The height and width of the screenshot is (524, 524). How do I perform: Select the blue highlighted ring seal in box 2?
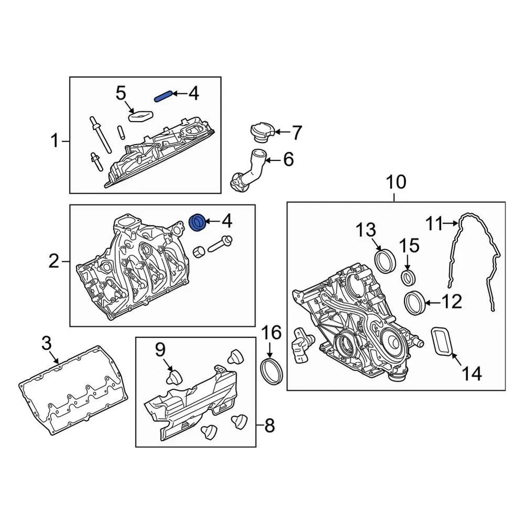[x=198, y=222]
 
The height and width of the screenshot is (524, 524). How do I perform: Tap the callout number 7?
[x=296, y=132]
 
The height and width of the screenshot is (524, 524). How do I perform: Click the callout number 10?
[x=396, y=182]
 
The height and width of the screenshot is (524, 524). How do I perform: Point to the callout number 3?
[x=47, y=344]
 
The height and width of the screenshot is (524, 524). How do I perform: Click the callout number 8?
[x=270, y=426]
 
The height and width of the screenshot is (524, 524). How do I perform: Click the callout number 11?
[x=434, y=223]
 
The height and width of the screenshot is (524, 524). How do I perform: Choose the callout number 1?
[x=54, y=142]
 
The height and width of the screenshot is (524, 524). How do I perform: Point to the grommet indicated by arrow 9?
[x=174, y=378]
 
